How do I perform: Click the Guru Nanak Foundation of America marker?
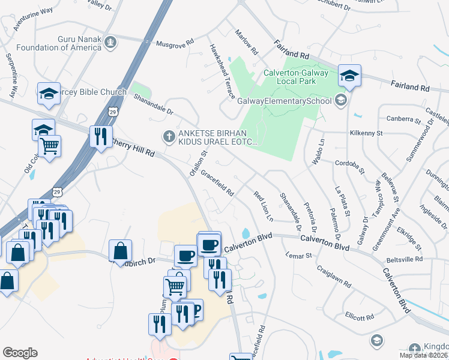point(110,41)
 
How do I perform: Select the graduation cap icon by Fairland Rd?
point(349,76)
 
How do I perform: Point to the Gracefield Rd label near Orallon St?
point(217,183)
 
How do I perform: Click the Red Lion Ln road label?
point(263,205)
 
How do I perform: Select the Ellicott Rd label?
point(360,316)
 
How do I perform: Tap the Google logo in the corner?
point(20,352)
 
